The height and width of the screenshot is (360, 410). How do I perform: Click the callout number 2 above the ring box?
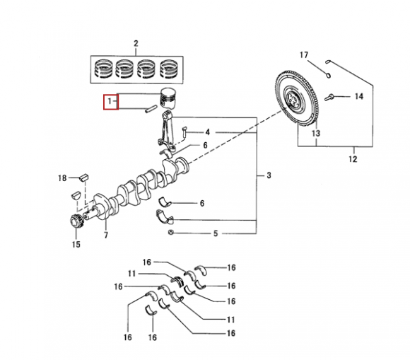pos(136,43)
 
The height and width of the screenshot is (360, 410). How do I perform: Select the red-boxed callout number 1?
pos(110,100)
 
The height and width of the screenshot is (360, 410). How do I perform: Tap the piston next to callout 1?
pos(168,98)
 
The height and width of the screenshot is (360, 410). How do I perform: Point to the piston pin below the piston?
pos(151,109)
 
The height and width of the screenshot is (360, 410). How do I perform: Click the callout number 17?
pos(304,55)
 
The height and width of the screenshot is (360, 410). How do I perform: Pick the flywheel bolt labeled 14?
pos(329,98)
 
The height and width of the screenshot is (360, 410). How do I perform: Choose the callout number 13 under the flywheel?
pos(316,134)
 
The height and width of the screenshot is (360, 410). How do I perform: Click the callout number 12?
pos(353,159)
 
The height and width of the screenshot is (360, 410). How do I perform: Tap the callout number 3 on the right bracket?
pos(269,175)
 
